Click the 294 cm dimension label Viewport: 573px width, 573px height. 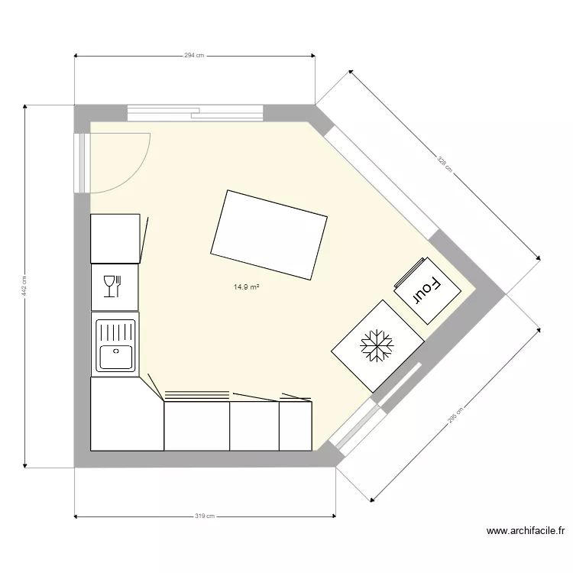coord(195,55)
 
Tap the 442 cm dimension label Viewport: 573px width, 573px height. coord(24,286)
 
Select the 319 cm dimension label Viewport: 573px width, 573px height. coord(204,516)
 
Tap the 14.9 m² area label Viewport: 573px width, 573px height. coord(247,287)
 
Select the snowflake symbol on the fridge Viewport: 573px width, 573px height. coord(376,346)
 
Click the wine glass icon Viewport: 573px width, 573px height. coord(112,286)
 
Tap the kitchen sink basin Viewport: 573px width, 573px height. coord(115,356)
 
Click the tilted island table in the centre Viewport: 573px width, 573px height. coord(269,235)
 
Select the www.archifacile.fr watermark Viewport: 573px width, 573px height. coord(526,531)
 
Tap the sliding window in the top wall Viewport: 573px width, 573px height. coord(195,113)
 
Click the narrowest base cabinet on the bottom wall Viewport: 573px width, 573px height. coord(295,426)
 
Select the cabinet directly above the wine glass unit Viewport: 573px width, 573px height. coord(115,238)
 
